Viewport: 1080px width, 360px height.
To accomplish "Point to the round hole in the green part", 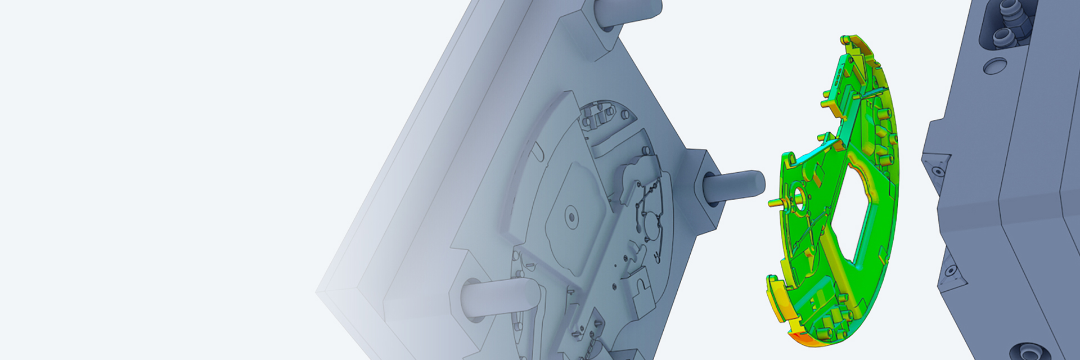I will coord(799,195).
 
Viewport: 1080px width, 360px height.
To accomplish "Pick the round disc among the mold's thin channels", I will coord(652,225).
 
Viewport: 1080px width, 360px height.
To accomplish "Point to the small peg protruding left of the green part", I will coord(775,201).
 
